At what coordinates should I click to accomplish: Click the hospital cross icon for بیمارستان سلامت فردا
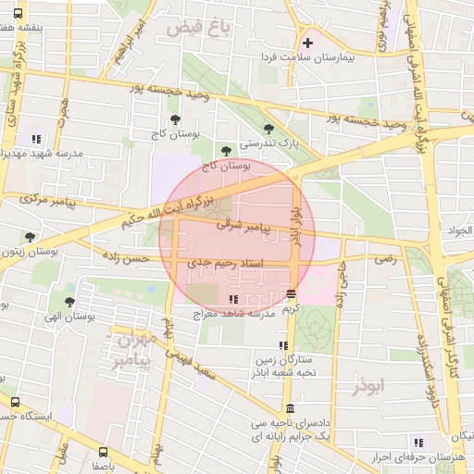click(307, 43)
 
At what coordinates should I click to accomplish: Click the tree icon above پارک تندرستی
click(268, 129)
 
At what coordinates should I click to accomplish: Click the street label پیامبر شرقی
click(242, 225)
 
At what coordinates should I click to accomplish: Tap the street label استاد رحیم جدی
click(226, 264)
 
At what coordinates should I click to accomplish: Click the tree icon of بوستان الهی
click(69, 301)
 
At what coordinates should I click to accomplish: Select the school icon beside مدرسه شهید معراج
click(232, 299)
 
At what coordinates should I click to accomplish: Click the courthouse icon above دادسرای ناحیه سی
click(291, 409)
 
